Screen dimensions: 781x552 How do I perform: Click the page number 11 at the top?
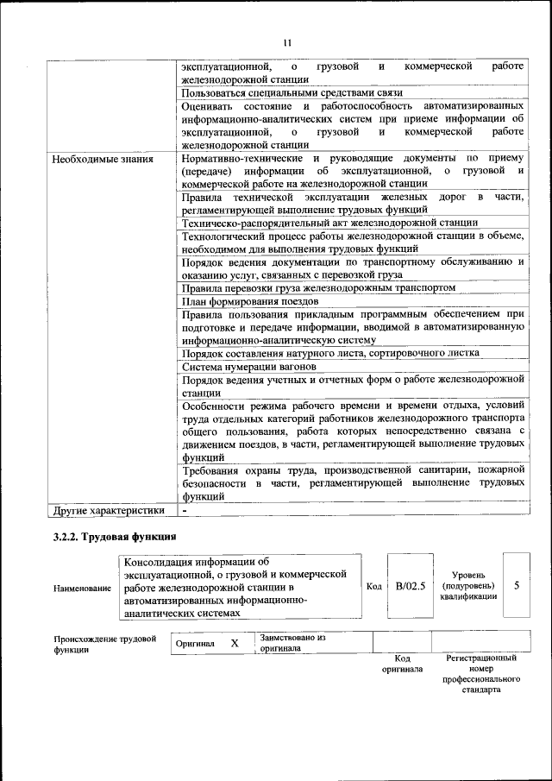287,41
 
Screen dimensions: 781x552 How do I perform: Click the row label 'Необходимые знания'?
103,159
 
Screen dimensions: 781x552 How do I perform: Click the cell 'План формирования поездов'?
250,301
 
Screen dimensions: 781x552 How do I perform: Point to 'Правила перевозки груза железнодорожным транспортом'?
318,287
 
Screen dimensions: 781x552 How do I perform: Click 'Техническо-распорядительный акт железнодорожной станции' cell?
329,223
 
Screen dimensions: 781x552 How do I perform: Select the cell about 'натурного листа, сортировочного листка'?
330,353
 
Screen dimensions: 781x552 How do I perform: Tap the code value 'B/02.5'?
411,586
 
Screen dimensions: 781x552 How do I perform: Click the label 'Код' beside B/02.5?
373,587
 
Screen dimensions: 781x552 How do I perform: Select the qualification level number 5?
517,585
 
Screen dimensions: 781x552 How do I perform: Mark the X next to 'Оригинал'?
234,643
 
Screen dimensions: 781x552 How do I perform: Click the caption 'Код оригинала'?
402,664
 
